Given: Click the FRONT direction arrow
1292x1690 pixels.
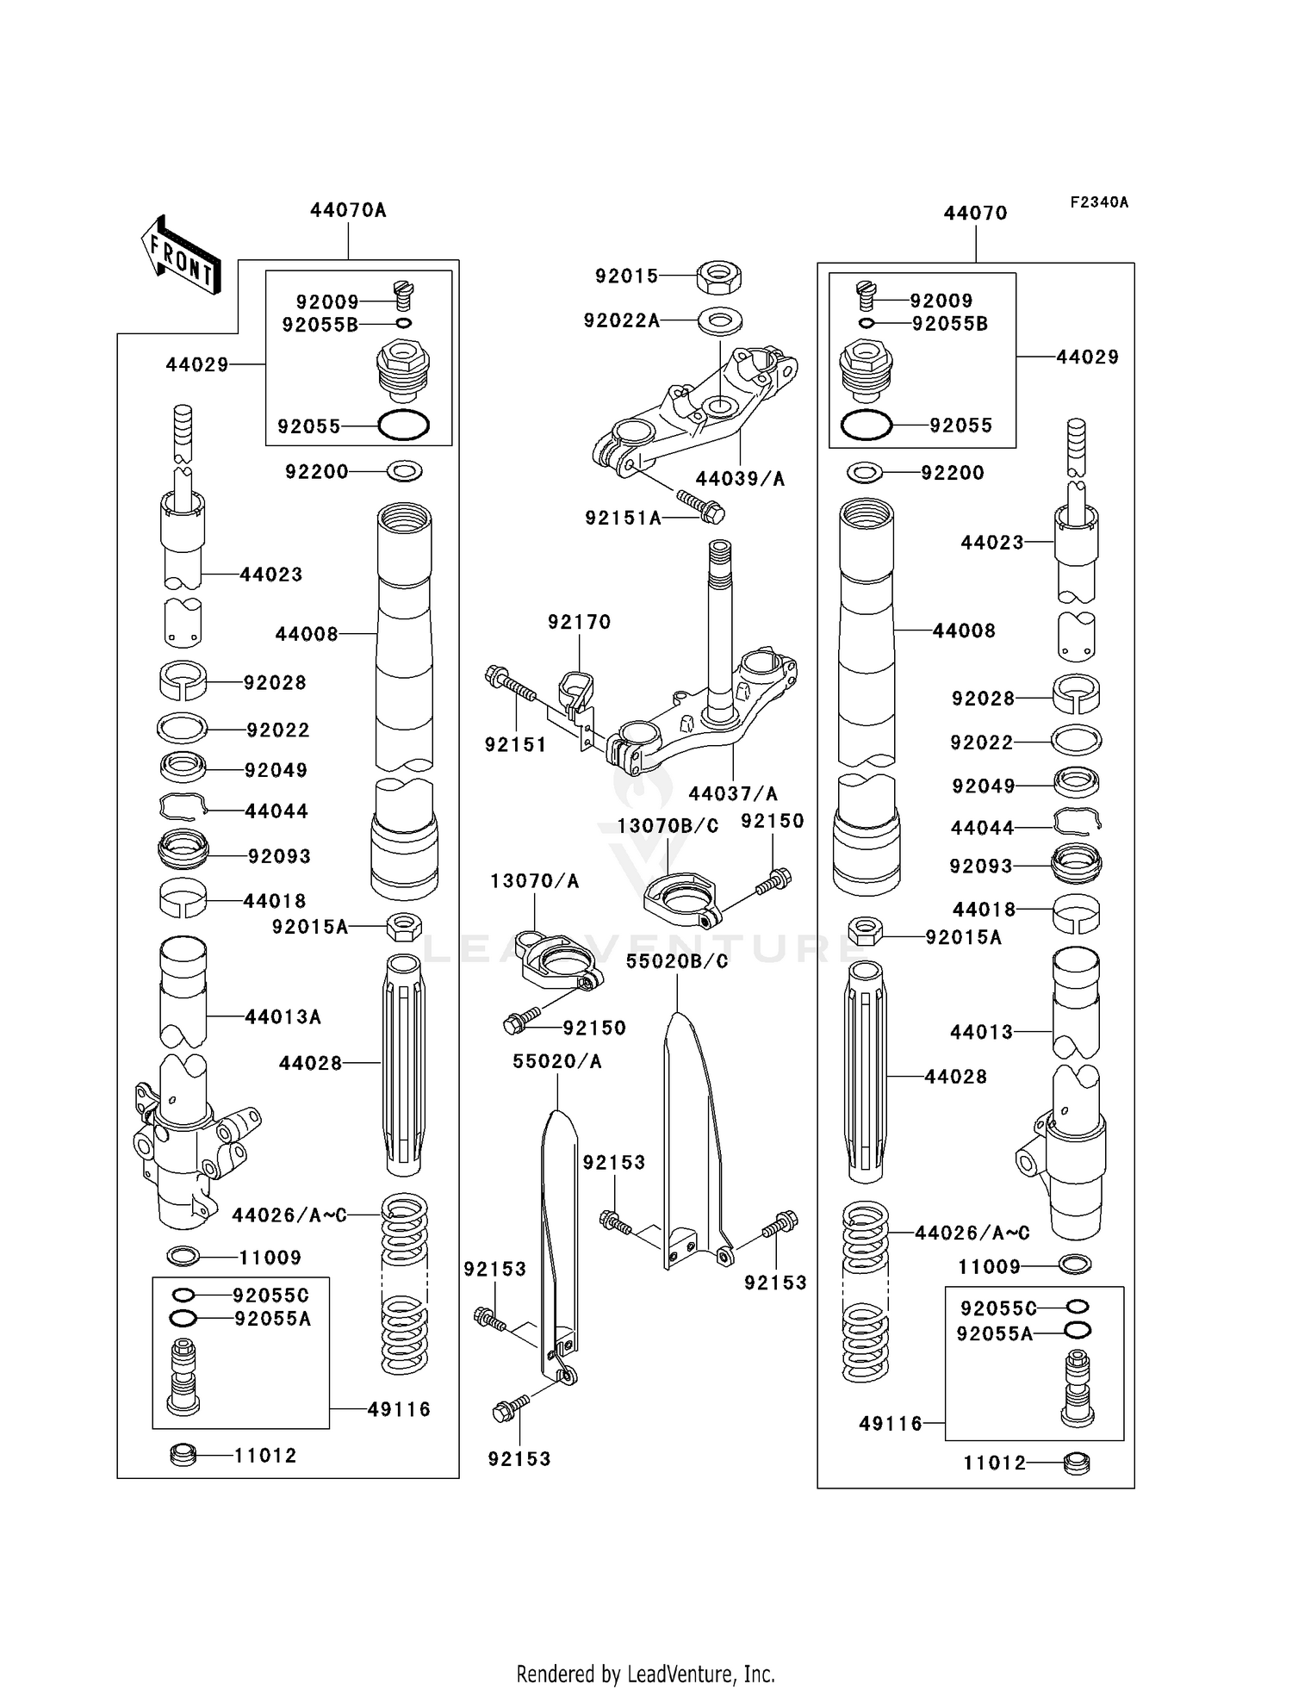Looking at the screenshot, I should [x=181, y=257].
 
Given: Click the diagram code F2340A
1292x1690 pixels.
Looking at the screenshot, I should [x=1099, y=202].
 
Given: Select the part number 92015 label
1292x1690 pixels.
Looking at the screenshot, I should [x=626, y=276].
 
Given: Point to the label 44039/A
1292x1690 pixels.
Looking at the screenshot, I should [x=740, y=479].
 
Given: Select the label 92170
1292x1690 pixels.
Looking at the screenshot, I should [x=579, y=622].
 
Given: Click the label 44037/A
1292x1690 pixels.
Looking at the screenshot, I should [x=733, y=793].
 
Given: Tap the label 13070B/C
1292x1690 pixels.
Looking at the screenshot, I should [x=668, y=826].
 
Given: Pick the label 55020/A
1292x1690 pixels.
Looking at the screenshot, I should [x=557, y=1062].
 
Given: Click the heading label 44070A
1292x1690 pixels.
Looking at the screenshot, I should [x=348, y=210].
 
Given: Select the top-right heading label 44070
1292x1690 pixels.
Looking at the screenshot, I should [x=975, y=214].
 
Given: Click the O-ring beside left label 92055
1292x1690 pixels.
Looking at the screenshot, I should [x=403, y=426].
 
